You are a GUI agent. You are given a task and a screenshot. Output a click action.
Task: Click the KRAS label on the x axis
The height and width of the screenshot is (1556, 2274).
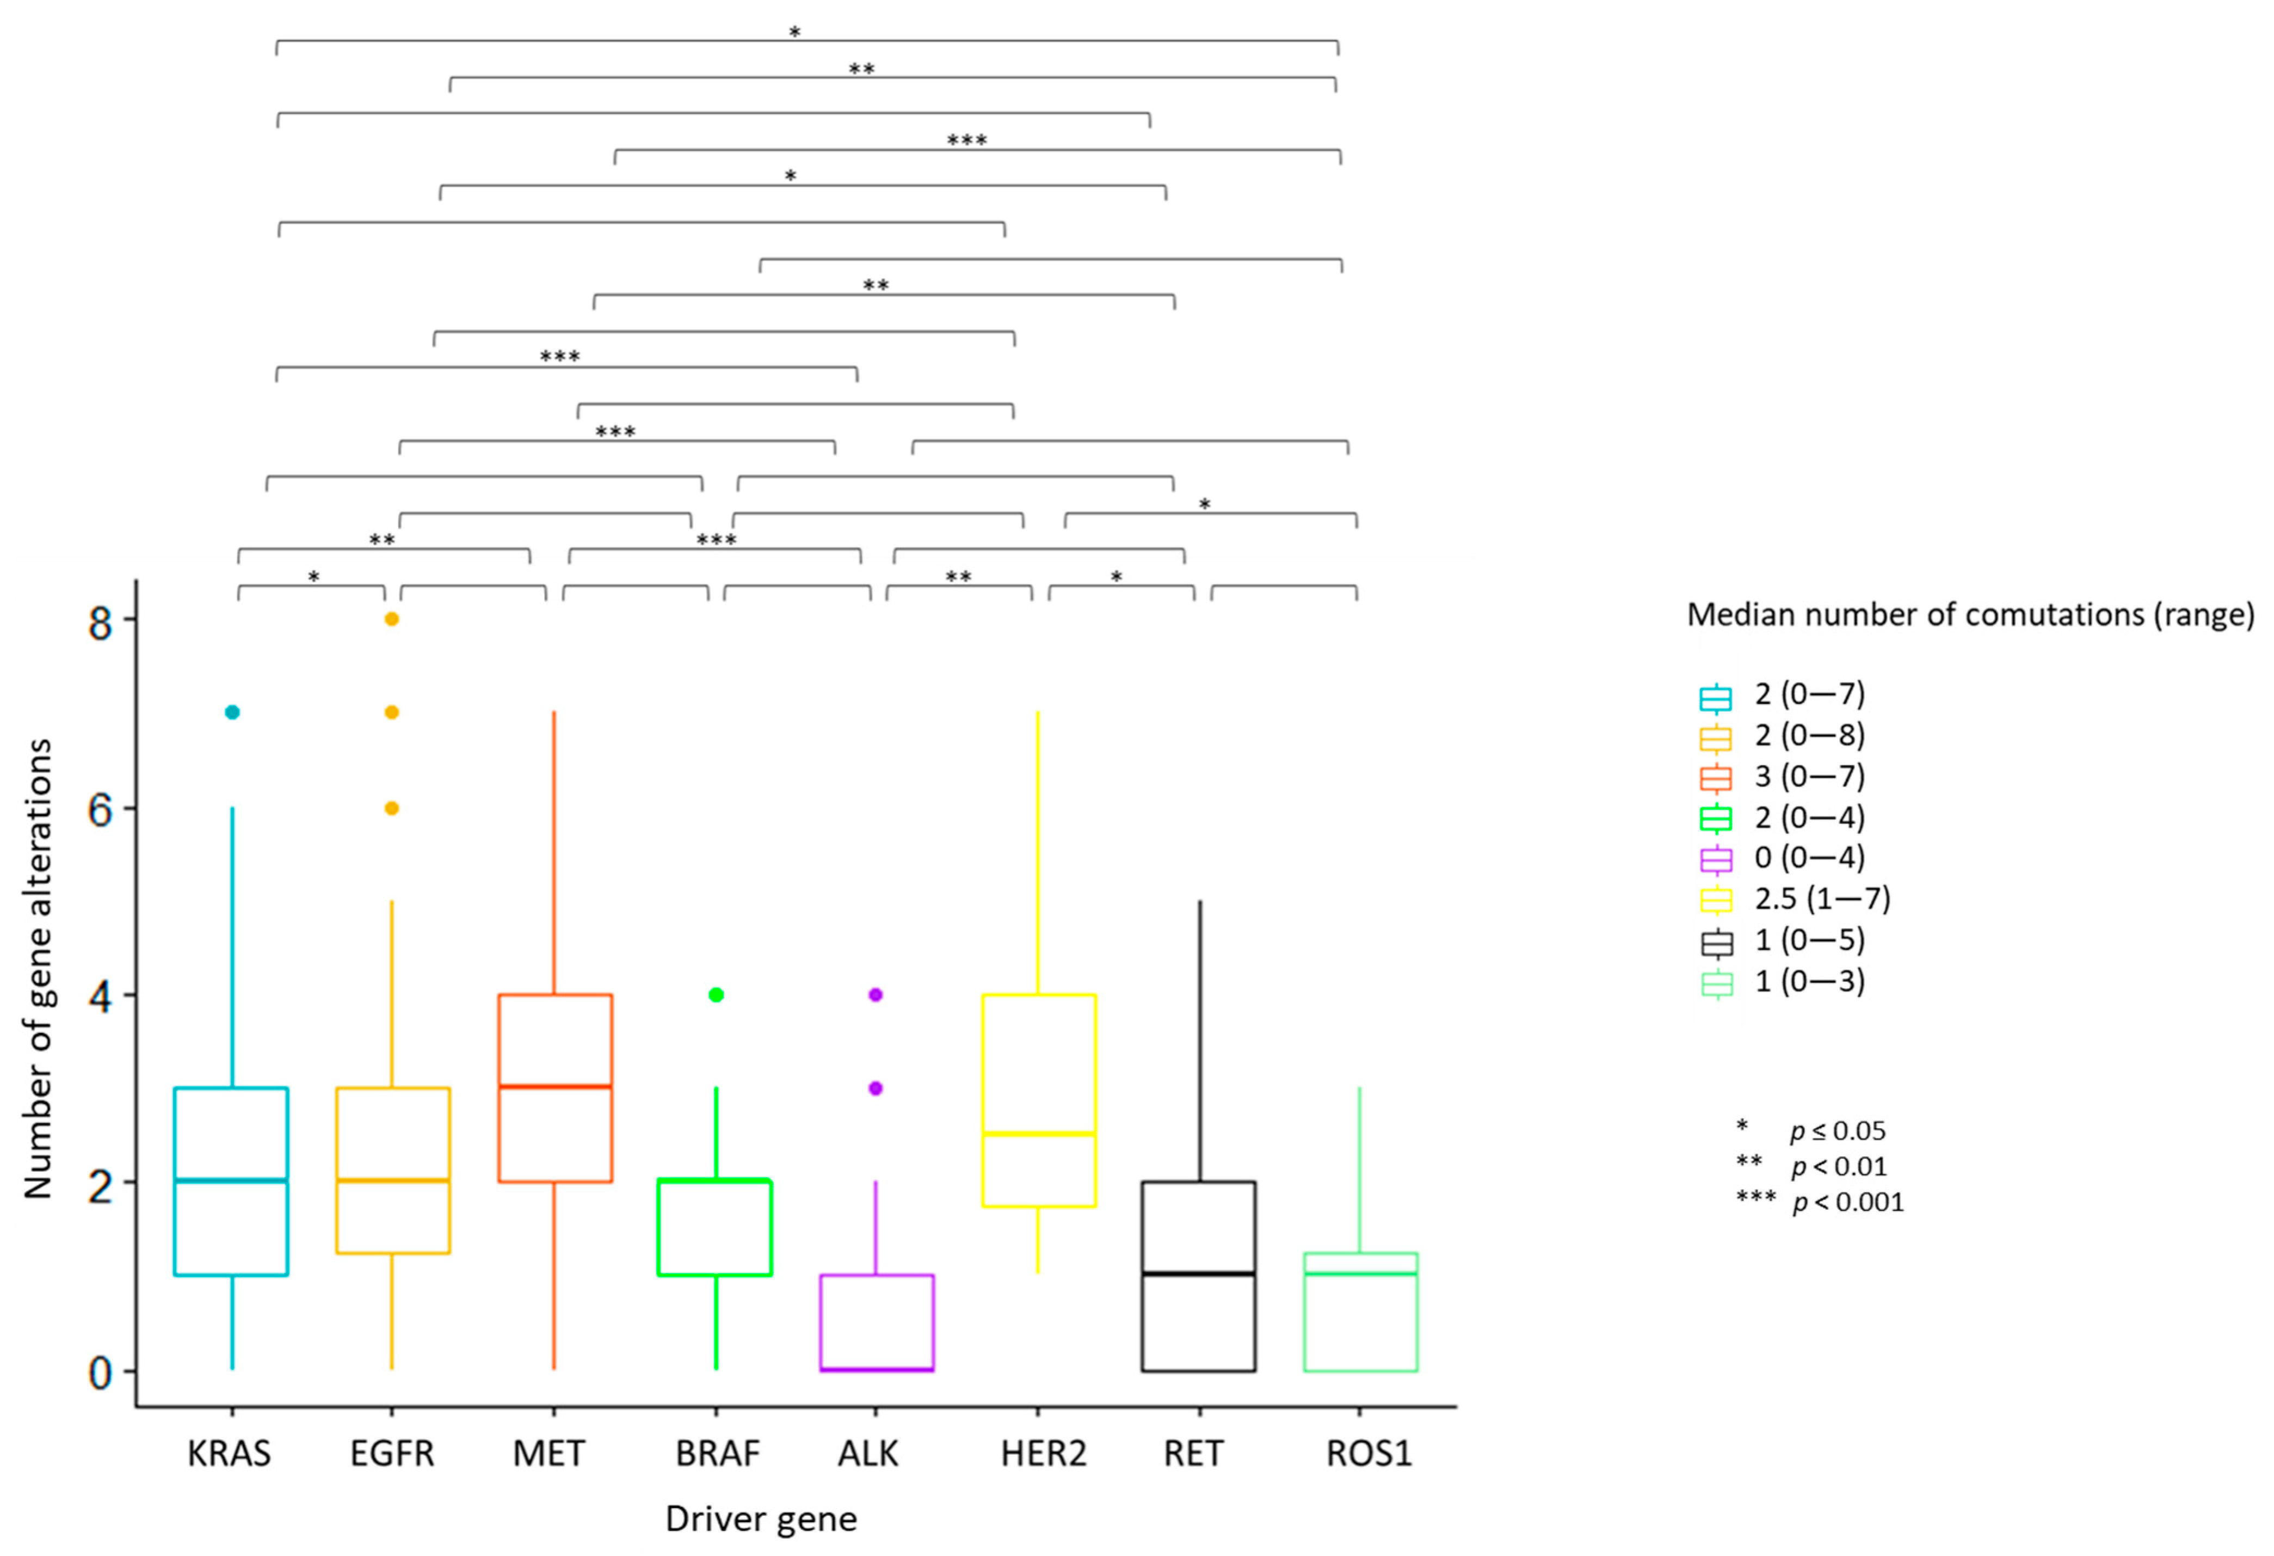tap(229, 1453)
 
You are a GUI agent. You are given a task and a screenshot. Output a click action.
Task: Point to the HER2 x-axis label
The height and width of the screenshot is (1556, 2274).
tap(1043, 1453)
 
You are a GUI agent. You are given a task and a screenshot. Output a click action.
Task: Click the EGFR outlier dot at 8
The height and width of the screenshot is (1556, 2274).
tap(391, 618)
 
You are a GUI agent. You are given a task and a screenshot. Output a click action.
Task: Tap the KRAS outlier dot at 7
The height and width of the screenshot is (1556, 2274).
tap(232, 711)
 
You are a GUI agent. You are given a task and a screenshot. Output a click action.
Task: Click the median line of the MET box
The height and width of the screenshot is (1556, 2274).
tap(555, 1086)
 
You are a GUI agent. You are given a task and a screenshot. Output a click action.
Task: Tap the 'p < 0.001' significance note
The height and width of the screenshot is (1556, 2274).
tap(1847, 1202)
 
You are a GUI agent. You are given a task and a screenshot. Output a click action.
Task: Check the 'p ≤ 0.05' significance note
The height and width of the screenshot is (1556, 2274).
tap(1837, 1131)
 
